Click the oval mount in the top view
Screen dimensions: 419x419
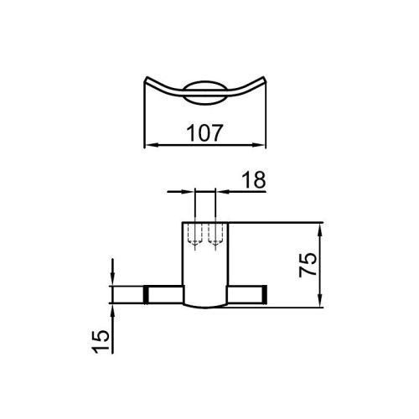point(205,93)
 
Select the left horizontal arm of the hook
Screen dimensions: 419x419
point(163,294)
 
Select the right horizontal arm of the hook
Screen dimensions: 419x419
point(246,294)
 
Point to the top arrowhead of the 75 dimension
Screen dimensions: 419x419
point(322,226)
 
